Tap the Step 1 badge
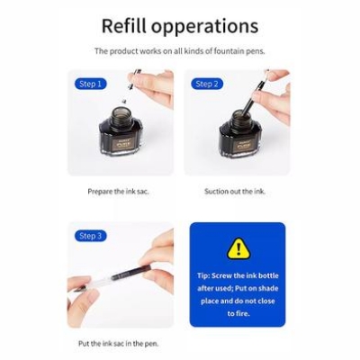(89, 84)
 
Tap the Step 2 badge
(206, 84)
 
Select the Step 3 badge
(89, 236)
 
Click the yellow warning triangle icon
(238, 247)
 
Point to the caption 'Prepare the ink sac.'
(120, 191)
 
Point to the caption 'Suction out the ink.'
(235, 191)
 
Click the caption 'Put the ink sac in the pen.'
(121, 344)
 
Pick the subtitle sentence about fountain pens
(179, 51)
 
